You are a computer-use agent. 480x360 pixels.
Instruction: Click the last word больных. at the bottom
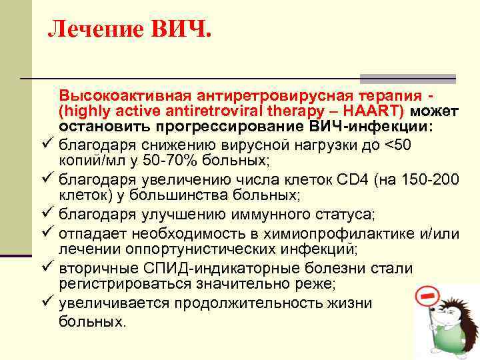point(92,321)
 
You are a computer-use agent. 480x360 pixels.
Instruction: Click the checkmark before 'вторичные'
point(45,268)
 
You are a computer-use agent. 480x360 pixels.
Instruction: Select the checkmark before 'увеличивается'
point(45,303)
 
